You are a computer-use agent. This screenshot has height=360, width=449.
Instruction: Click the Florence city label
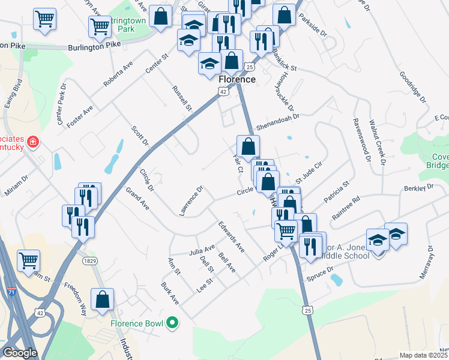[x=237, y=79]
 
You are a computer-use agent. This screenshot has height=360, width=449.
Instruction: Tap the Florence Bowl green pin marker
[x=173, y=323]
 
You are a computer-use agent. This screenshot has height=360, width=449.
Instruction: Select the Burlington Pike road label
[x=90, y=47]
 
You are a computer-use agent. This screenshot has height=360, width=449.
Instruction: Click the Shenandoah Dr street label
[x=278, y=122]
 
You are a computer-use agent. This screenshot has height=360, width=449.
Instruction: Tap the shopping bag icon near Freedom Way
[x=103, y=299]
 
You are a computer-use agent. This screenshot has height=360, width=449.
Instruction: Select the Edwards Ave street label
[x=231, y=237]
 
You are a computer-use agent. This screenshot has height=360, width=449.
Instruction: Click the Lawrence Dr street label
[x=191, y=200]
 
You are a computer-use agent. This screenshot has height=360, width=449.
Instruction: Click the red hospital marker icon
[x=33, y=142]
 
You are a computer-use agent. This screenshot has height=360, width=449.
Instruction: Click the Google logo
[x=20, y=353]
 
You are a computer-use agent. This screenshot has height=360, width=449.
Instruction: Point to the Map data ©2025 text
[x=423, y=355]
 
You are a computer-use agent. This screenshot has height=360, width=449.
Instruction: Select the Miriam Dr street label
[x=17, y=184]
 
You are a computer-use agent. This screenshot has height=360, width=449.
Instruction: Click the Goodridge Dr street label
[x=412, y=91]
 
